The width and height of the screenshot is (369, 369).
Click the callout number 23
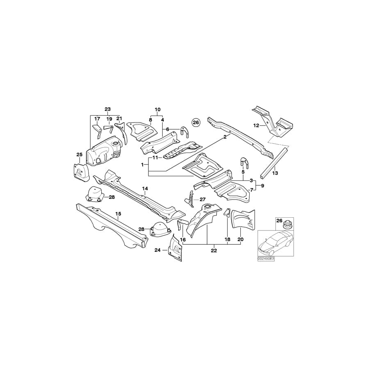pos(107,109)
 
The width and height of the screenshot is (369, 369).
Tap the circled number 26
pos(196,122)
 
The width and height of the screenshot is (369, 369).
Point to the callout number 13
pos(275,173)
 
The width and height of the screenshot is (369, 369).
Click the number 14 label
pos(145,189)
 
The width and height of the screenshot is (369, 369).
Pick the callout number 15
pos(118,214)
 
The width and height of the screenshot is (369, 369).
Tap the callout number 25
pos(80,154)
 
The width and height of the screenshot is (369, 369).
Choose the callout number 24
pos(157,250)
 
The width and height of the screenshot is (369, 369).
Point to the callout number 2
pos(225,138)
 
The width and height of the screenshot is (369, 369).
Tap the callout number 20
pos(240,239)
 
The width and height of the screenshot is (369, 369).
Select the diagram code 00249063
pos(266,259)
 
